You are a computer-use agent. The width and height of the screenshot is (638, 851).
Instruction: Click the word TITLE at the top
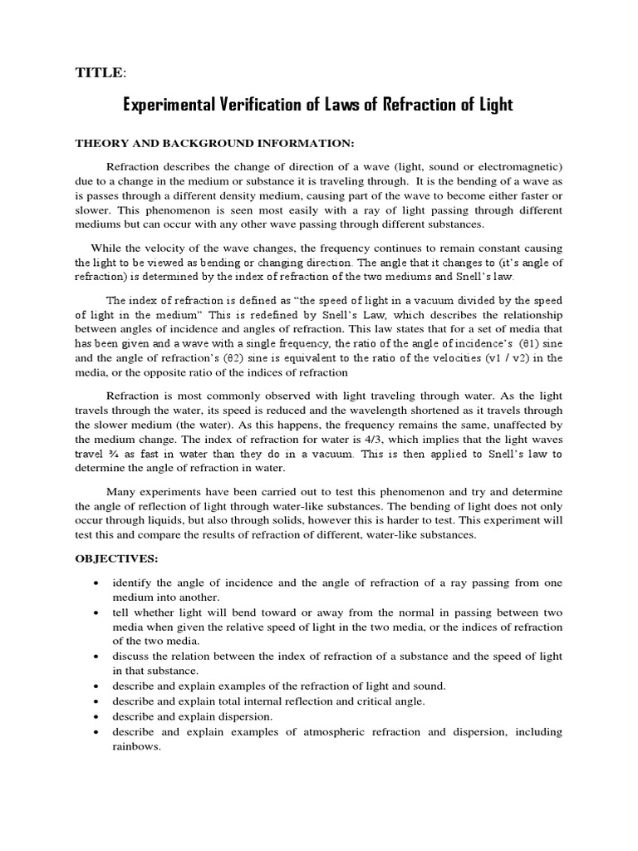(99, 74)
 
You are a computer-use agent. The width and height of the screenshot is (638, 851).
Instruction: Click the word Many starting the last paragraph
(124, 490)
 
